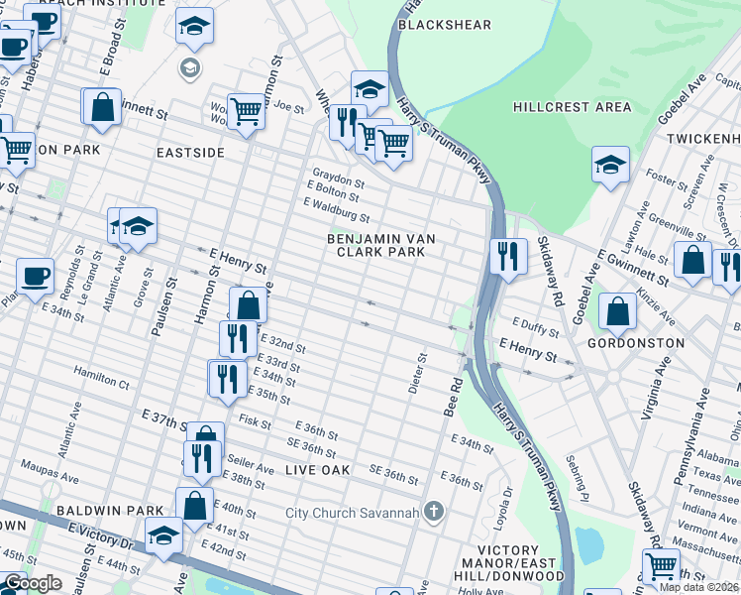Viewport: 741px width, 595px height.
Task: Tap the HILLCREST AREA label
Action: [573, 106]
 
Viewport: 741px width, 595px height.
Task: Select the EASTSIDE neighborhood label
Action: [190, 153]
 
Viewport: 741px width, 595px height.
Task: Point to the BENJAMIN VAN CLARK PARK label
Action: [376, 245]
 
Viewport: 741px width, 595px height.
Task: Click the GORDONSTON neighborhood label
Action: [635, 343]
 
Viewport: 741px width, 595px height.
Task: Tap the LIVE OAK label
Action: [317, 469]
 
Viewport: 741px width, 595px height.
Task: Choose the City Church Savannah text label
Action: [350, 513]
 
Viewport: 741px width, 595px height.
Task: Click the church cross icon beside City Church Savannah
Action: [432, 512]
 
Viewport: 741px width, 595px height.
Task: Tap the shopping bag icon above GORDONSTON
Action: [617, 310]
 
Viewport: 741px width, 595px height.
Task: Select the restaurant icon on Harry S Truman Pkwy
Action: [506, 256]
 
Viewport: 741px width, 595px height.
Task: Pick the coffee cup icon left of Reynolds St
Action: [35, 276]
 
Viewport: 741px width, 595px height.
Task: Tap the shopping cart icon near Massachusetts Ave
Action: [660, 566]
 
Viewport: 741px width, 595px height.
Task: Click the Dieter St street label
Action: [417, 372]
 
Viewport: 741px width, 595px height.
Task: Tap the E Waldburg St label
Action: [337, 210]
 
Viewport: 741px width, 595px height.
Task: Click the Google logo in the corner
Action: [33, 583]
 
